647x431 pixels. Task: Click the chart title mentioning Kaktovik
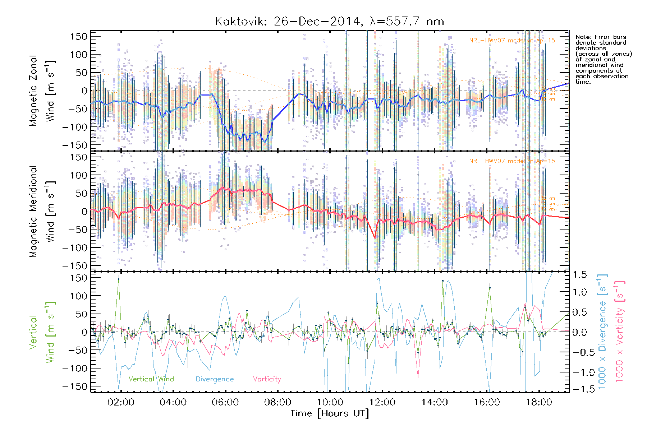pos(329,22)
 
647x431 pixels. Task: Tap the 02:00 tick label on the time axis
pos(121,402)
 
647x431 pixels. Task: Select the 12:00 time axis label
pos(382,402)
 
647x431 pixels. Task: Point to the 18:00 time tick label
pos(539,402)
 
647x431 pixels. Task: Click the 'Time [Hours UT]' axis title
pos(330,414)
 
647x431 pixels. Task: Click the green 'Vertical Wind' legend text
pos(151,379)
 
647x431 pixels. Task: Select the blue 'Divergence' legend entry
pos(215,379)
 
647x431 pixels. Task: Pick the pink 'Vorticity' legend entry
pos(267,379)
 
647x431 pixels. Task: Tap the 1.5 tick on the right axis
pos(580,275)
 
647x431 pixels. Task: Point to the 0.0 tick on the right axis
pos(580,332)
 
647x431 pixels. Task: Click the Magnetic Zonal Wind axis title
pos(42,91)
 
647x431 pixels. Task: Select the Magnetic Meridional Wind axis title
pos(42,211)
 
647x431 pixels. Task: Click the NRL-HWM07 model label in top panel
pos(512,41)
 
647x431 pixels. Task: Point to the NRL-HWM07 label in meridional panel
pos(512,161)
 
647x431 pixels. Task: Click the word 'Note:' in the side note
pos(583,37)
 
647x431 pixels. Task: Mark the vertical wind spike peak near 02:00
pos(119,279)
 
